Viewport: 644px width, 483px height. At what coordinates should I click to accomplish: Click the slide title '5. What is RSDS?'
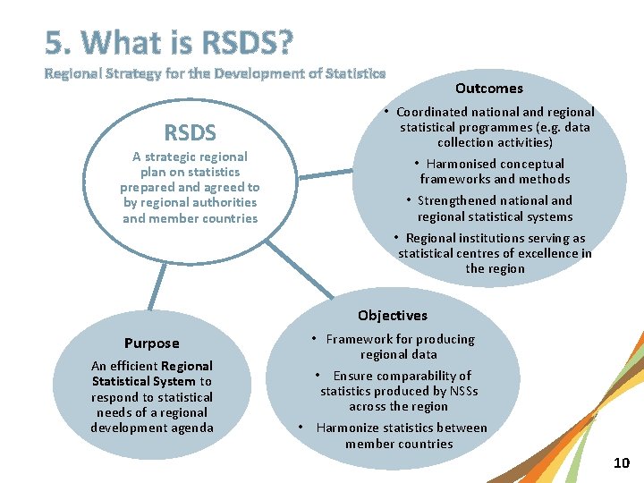169,42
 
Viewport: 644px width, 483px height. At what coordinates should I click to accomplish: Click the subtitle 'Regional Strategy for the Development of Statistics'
216,73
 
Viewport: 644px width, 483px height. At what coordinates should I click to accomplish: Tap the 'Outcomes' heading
488,88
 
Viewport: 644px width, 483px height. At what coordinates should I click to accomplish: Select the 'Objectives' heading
393,315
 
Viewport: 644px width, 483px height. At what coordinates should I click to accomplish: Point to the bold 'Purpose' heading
152,343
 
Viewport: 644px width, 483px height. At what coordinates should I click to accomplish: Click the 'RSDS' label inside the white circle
190,133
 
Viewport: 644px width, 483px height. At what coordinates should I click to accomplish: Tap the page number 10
622,462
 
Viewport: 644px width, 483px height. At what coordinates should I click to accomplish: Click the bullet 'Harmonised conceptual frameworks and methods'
495,171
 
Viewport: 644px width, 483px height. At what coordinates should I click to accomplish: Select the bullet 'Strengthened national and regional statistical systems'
495,208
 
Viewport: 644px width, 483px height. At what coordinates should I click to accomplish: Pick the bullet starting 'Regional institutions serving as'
495,253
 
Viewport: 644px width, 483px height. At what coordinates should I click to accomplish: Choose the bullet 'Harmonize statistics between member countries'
399,436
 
